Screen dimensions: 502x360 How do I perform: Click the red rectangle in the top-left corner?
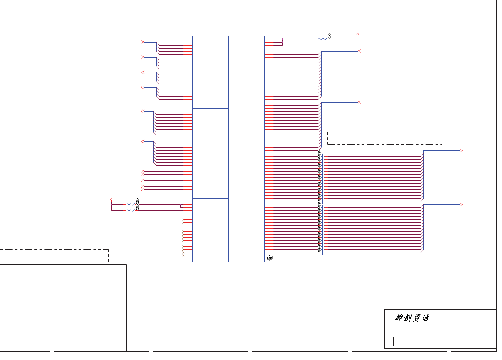pyautogui.click(x=31, y=7)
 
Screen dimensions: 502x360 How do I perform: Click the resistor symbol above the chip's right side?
pyautogui.click(x=323, y=39)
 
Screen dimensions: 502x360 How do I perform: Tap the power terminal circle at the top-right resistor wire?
pyautogui.click(x=357, y=34)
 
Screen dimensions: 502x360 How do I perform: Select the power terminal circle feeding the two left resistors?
pyautogui.click(x=111, y=199)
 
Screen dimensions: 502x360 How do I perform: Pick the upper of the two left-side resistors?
pyautogui.click(x=131, y=204)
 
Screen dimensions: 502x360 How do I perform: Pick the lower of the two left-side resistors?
pyautogui.click(x=131, y=210)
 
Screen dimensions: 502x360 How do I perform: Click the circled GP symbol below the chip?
pyautogui.click(x=269, y=258)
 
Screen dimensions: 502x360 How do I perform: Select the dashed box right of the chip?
pyautogui.click(x=384, y=138)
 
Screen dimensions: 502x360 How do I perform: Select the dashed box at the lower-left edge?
pyautogui.click(x=54, y=256)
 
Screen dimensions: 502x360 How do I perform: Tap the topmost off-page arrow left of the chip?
pyautogui.click(x=143, y=42)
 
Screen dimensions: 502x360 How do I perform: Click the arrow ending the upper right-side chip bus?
pyautogui.click(x=359, y=51)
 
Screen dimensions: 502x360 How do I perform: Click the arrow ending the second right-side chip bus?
pyautogui.click(x=359, y=102)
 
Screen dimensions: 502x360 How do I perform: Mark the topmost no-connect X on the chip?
pyautogui.click(x=184, y=219)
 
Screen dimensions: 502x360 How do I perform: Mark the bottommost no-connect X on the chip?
pyautogui.click(x=184, y=256)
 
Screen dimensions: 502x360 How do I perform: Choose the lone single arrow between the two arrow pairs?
pyautogui.click(x=143, y=180)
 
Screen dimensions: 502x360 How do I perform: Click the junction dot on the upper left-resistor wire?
pyautogui.click(x=181, y=204)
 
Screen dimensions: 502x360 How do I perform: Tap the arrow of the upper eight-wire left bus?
pyautogui.click(x=143, y=111)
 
